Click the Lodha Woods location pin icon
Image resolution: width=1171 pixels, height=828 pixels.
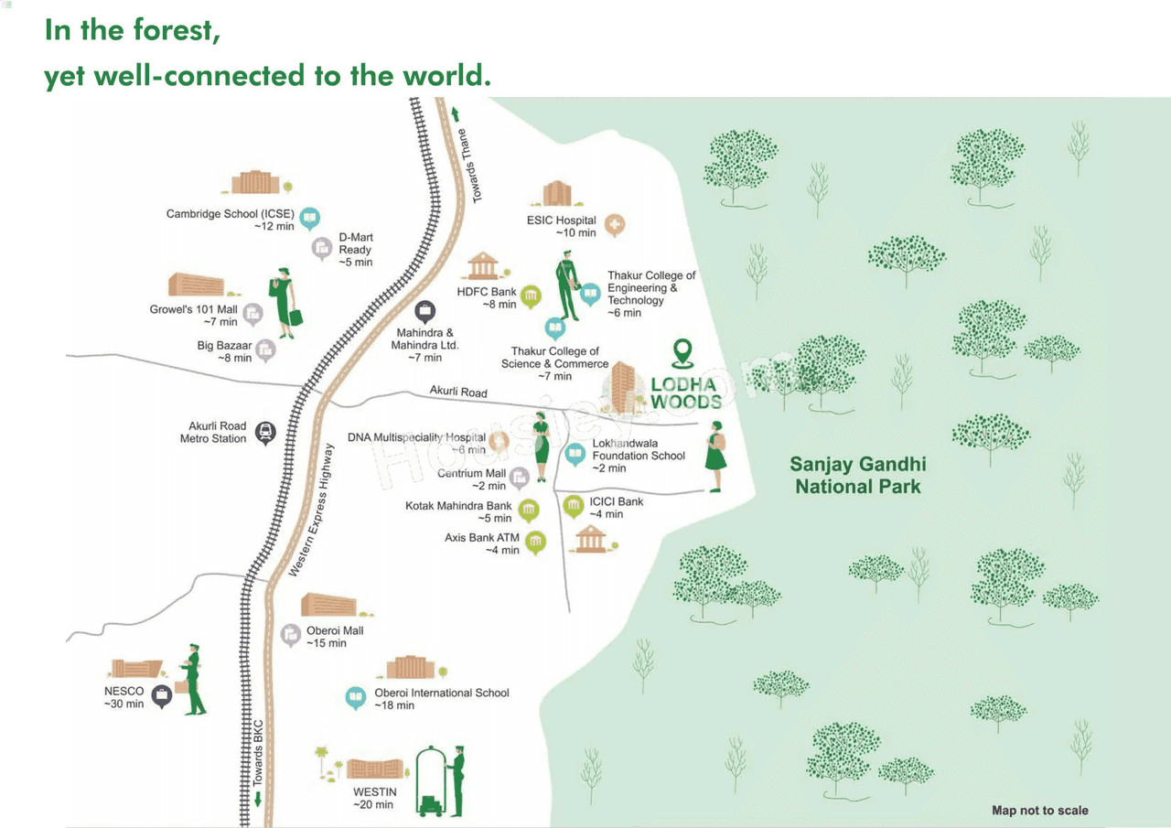pyautogui.click(x=682, y=353)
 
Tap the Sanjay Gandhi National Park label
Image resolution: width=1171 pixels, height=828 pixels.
pyautogui.click(x=858, y=475)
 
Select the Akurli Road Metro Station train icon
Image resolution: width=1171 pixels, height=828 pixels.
pyautogui.click(x=265, y=433)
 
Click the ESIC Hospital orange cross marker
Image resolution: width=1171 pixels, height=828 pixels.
pyautogui.click(x=615, y=225)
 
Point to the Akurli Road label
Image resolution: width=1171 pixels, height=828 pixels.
pyautogui.click(x=458, y=392)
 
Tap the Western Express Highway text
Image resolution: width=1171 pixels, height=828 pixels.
pyautogui.click(x=312, y=511)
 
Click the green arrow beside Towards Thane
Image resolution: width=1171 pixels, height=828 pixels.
pyautogui.click(x=456, y=114)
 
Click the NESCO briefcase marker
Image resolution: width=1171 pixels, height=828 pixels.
pyautogui.click(x=162, y=696)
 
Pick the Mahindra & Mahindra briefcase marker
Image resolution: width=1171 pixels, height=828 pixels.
pyautogui.click(x=425, y=312)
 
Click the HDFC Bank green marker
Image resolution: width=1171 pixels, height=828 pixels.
pyautogui.click(x=531, y=296)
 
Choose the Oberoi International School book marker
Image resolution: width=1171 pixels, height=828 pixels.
pyautogui.click(x=356, y=698)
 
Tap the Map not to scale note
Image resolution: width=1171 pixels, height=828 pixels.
pyautogui.click(x=1040, y=811)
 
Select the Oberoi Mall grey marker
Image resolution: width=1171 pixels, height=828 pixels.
pyautogui.click(x=291, y=635)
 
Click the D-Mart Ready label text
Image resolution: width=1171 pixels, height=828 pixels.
pyautogui.click(x=356, y=250)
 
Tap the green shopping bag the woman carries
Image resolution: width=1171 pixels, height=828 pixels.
pyautogui.click(x=295, y=317)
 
